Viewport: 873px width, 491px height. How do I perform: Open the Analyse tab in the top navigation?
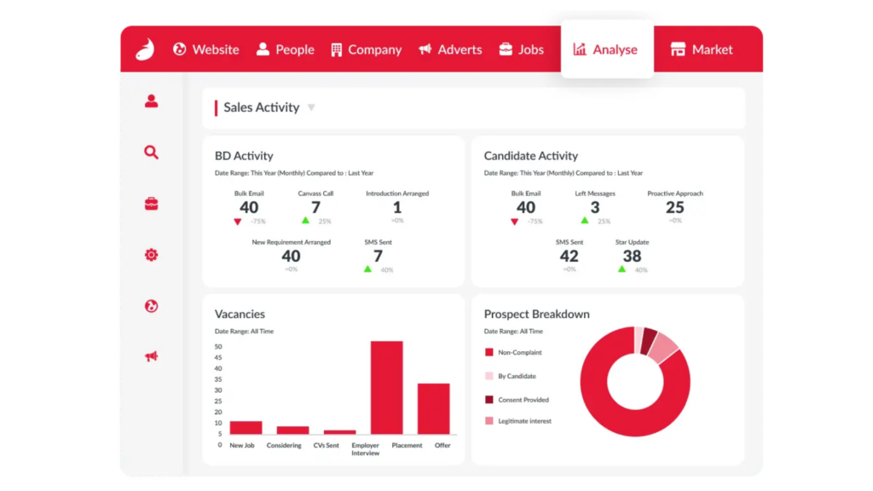[x=607, y=49]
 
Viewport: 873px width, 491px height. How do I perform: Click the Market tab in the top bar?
[x=702, y=49]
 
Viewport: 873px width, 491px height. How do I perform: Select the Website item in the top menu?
[x=206, y=49]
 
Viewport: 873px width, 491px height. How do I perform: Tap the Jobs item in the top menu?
[x=521, y=49]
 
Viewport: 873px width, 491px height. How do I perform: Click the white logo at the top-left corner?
[x=145, y=49]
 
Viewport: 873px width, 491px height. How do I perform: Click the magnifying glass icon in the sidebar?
[x=151, y=152]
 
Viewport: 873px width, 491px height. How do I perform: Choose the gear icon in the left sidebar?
[x=151, y=254]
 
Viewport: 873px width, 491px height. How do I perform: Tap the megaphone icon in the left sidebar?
[x=151, y=356]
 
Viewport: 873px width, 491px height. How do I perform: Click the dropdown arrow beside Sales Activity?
[x=311, y=107]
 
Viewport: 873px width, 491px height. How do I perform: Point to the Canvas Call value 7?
[x=315, y=208]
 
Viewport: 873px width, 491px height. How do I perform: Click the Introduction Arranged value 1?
[x=397, y=208]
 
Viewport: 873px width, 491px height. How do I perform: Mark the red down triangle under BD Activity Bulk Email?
[x=238, y=222]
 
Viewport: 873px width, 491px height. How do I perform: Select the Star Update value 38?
[x=632, y=256]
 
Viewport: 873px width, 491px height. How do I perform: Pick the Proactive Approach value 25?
[x=675, y=208]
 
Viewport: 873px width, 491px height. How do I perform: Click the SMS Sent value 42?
[x=569, y=256]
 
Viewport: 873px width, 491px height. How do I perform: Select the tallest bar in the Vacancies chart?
[x=387, y=388]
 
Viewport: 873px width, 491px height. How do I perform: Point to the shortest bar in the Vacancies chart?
[x=339, y=432]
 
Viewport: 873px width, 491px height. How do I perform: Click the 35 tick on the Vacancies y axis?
[x=218, y=379]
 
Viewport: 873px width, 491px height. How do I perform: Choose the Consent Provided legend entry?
[x=517, y=400]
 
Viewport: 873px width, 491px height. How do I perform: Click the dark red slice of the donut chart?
[x=648, y=341]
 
